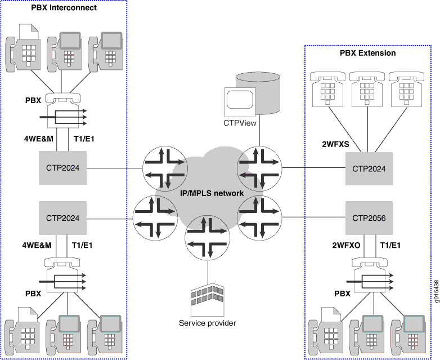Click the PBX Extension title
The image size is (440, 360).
tap(367, 53)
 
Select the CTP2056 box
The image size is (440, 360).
tap(369, 218)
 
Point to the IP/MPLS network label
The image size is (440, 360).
tap(211, 193)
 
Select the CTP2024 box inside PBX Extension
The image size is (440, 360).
tap(369, 168)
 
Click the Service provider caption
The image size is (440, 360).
tap(207, 323)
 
